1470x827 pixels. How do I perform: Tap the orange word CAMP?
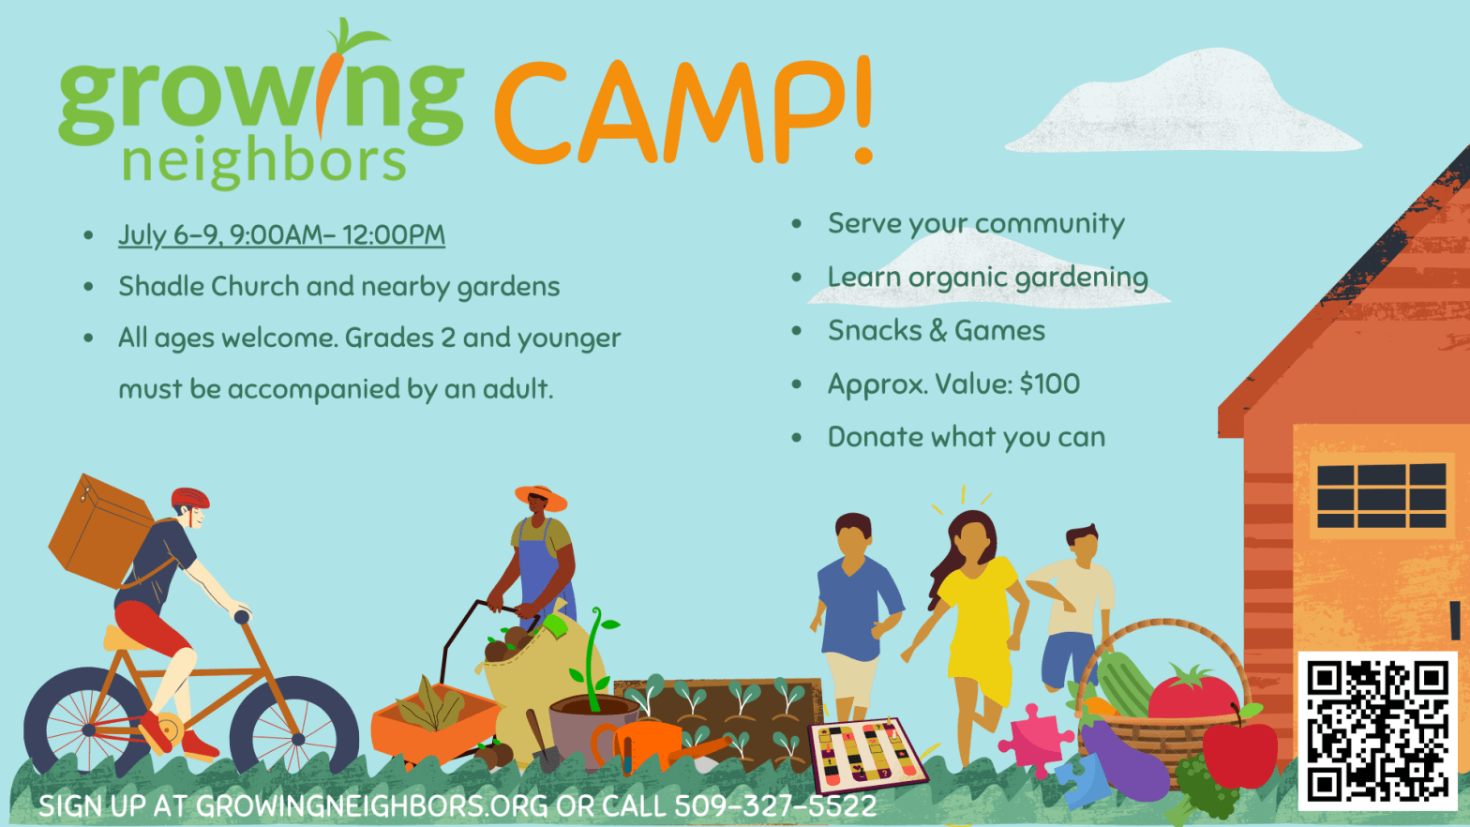683,113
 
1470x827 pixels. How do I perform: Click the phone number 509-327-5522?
775,806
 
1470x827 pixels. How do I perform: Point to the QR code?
1377,730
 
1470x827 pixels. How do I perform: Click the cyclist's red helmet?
190,499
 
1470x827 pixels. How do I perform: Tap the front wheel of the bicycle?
294,726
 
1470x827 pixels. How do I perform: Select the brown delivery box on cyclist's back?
100,531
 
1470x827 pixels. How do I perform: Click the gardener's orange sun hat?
542,497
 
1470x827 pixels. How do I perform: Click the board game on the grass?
867,754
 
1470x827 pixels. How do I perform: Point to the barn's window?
1382,495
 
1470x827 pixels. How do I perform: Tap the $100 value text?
1050,384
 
